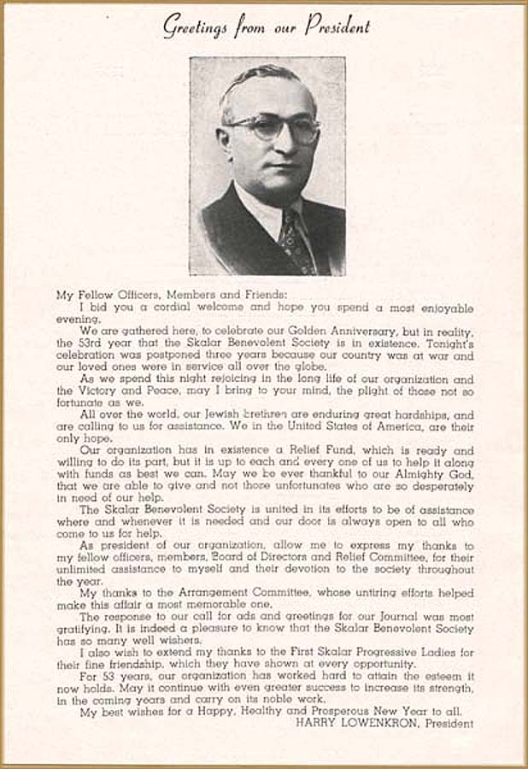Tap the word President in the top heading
(337, 26)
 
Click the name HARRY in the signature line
(315, 723)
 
